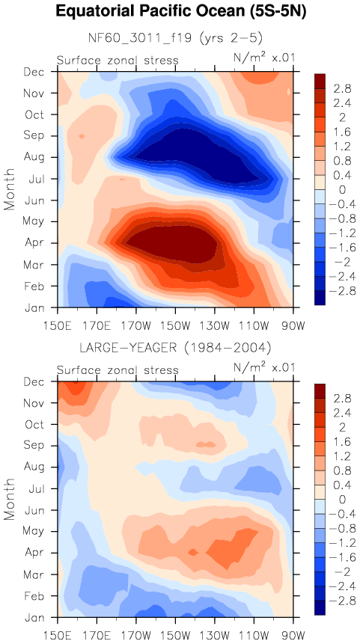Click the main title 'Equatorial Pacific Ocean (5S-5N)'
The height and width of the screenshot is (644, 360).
coord(180,12)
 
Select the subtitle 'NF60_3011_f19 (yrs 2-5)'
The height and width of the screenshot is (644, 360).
coord(175,38)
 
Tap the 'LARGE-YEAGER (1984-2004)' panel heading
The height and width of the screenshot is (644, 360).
coord(175,349)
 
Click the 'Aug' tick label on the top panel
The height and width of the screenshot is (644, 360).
coord(36,157)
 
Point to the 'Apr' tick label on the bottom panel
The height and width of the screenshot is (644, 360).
coord(36,553)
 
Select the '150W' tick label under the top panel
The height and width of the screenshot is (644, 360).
coord(175,328)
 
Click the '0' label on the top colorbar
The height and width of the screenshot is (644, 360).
coord(331,190)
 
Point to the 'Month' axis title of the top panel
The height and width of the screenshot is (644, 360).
coord(10,189)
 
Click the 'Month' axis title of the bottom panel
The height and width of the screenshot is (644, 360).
coord(10,499)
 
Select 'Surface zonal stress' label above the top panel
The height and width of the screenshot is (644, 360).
coord(118,61)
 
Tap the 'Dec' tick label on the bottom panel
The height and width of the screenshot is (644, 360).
coord(36,382)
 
